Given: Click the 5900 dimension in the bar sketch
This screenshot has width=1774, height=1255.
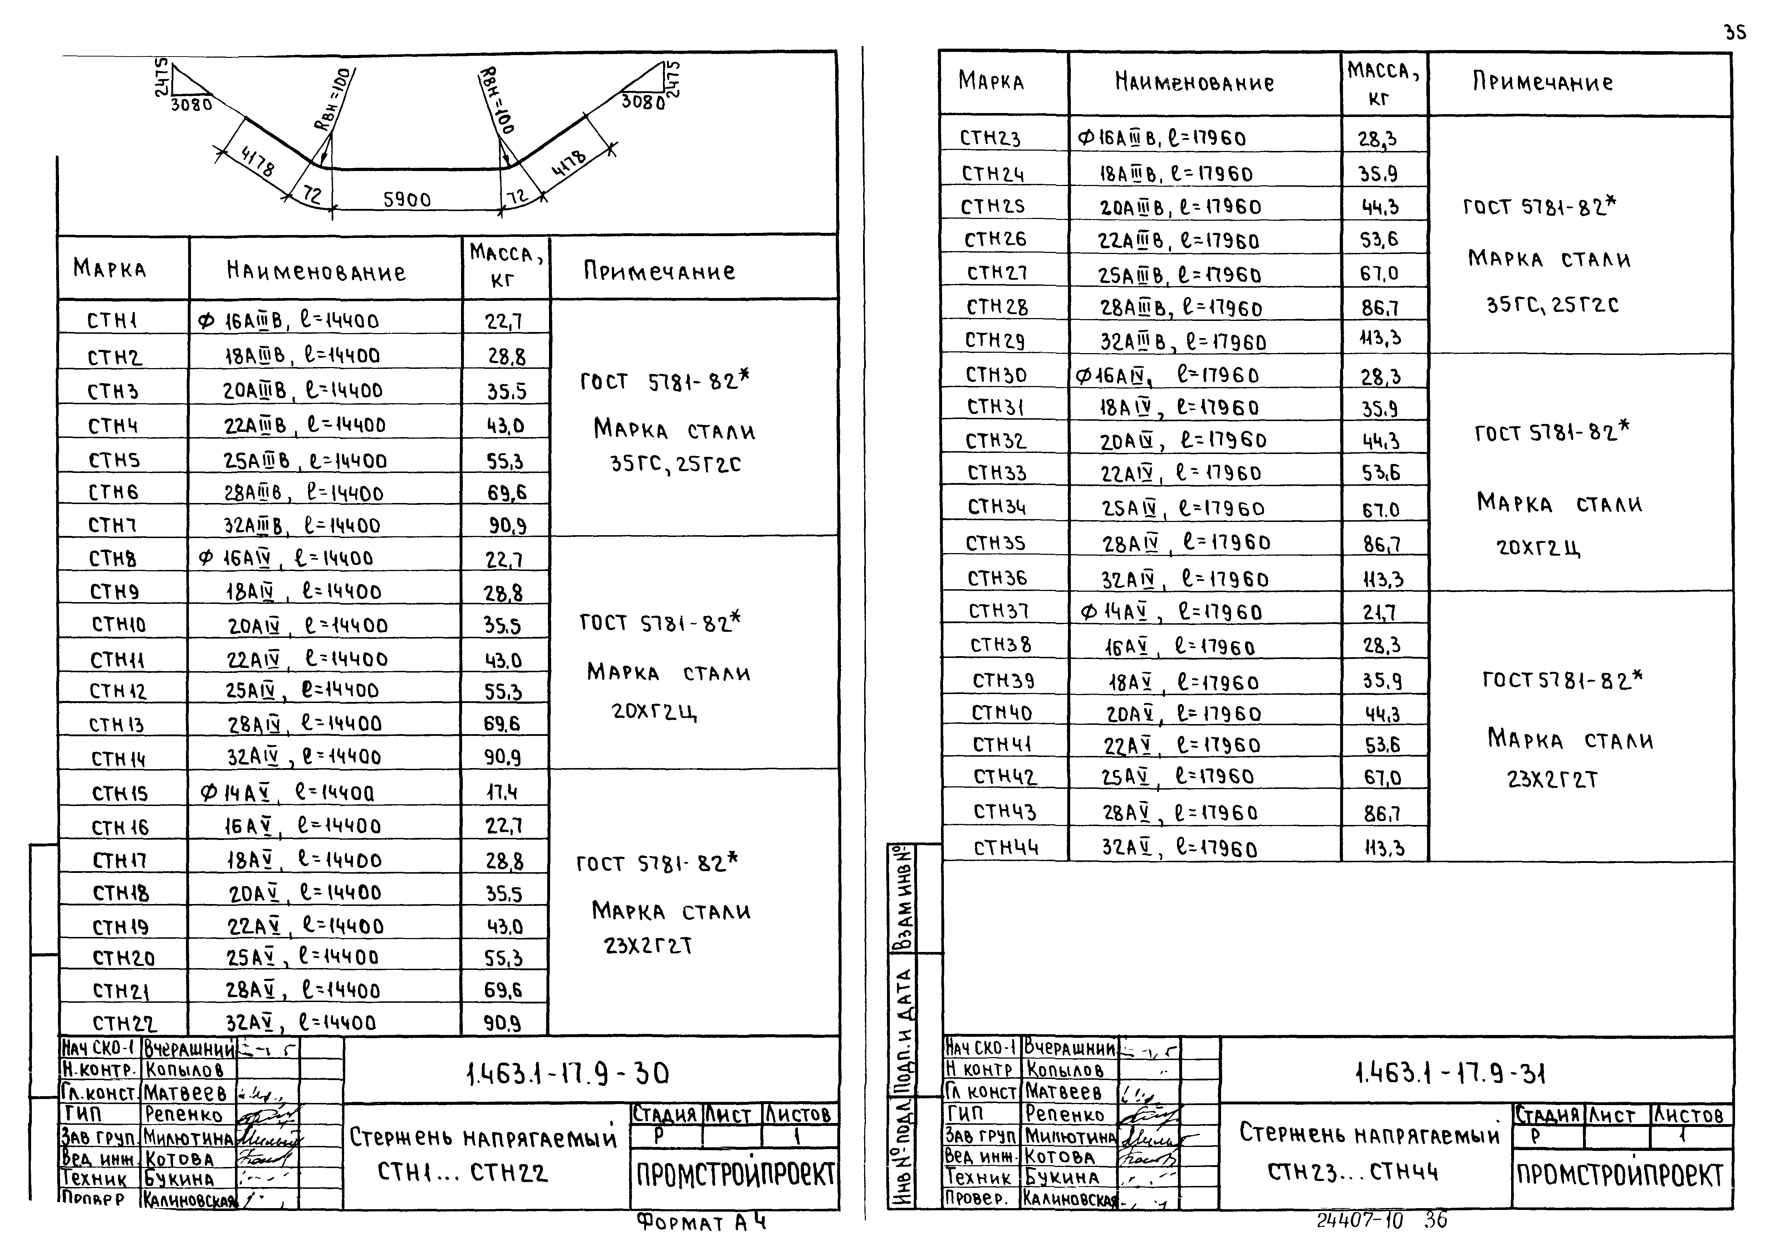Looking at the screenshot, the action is point(407,199).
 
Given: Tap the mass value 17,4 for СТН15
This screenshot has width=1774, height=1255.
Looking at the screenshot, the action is point(502,792).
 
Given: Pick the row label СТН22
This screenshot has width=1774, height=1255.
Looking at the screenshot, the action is point(124,1023).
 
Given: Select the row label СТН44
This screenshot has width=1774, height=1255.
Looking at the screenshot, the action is point(1006,848).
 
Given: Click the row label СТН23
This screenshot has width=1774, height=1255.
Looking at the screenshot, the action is point(990,138).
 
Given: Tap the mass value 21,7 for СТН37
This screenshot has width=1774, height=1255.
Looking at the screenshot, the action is point(1379,613).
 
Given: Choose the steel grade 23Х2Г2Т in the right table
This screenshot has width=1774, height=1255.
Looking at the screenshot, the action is point(1552,779).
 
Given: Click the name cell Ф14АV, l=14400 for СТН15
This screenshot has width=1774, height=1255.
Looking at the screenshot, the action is point(288,793).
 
